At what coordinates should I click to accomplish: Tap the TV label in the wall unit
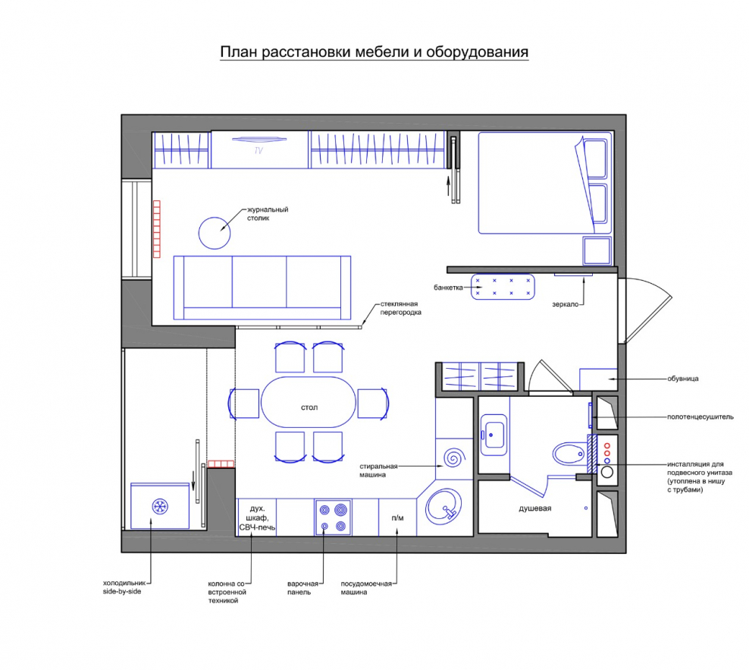[259, 151]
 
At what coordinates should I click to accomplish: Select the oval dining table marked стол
[309, 402]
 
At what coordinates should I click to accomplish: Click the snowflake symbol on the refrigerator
[159, 507]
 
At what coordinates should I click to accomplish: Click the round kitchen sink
[443, 508]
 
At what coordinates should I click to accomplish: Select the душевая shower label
[535, 508]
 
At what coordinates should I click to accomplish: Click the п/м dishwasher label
[397, 518]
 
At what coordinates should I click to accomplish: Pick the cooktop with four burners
[333, 517]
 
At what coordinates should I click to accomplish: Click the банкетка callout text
[448, 288]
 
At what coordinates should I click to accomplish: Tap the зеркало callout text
[565, 304]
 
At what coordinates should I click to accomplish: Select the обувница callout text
[682, 379]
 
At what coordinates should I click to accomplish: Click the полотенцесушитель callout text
[700, 417]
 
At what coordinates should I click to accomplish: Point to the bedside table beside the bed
[597, 250]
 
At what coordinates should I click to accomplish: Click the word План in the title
[238, 52]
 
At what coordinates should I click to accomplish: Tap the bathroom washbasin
[494, 435]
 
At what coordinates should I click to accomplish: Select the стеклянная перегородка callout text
[400, 308]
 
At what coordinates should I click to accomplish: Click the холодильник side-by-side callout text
[124, 587]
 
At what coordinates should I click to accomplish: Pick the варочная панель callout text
[302, 588]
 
